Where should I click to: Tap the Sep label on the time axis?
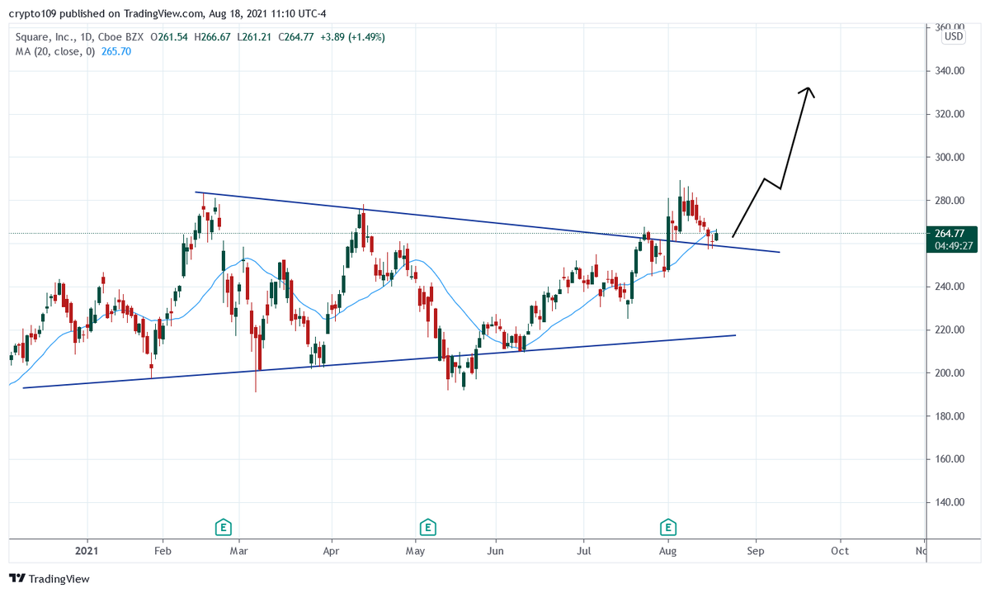756,550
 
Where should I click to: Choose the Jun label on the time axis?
495,550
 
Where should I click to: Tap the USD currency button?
954,36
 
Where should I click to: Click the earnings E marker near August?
668,526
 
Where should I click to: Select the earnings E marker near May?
427,526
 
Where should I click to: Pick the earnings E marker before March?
222,526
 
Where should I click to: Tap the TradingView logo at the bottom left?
49,579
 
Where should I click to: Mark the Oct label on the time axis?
840,550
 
